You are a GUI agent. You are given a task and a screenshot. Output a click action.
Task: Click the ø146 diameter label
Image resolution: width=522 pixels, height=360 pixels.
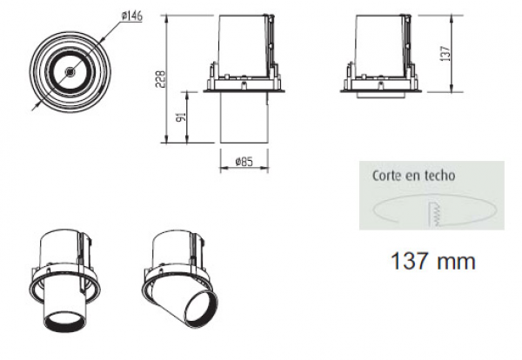[x=132, y=16]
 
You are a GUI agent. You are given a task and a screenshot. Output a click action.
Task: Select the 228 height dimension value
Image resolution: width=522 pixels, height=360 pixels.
[x=160, y=79]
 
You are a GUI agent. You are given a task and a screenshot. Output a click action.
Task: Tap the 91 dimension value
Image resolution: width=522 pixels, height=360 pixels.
[x=182, y=117]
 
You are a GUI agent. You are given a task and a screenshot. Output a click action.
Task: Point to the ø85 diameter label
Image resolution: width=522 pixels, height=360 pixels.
[x=244, y=162]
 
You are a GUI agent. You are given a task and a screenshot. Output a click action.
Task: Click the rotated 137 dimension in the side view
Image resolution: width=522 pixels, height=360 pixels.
[x=445, y=53]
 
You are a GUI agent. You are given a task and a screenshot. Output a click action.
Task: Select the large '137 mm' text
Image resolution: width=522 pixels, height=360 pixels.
[x=433, y=261]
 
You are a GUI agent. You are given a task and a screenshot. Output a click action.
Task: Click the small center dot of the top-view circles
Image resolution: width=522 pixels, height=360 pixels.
[x=70, y=71]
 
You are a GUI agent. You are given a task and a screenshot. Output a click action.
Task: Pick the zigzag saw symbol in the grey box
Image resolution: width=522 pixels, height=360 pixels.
[x=436, y=214]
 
